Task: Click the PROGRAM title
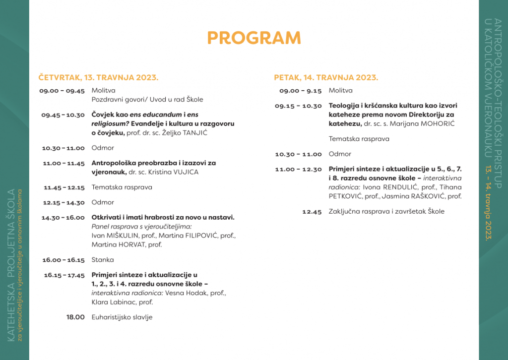(254, 38)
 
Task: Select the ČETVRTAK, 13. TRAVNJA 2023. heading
(98, 77)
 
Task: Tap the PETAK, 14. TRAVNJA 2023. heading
(326, 77)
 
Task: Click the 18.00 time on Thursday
(75, 317)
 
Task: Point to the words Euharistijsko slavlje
(122, 317)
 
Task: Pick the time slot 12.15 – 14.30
(63, 202)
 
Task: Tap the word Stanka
(103, 259)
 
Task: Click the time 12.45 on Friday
(312, 211)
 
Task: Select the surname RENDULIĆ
(400, 187)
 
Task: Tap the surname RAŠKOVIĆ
(424, 196)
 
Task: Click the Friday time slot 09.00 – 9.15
(300, 91)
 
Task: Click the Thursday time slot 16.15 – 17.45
(64, 275)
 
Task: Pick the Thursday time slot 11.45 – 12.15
(64, 187)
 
